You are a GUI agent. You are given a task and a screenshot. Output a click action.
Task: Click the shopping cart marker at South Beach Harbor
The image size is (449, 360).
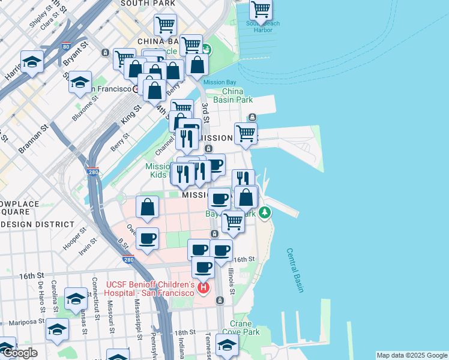(261, 10)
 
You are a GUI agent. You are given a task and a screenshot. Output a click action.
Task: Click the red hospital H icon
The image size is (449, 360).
(203, 289)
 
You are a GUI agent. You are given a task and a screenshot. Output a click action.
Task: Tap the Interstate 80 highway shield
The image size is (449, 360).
(65, 46)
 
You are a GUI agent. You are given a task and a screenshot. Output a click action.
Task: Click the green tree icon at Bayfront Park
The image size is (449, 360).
(265, 212)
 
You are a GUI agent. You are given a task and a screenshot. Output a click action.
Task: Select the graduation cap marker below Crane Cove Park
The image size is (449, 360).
(227, 345)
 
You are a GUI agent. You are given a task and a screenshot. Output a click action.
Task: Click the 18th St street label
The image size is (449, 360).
(185, 332)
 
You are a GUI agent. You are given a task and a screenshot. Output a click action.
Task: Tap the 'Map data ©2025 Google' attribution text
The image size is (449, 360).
(412, 355)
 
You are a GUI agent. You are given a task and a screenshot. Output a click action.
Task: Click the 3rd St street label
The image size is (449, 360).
(205, 113)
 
